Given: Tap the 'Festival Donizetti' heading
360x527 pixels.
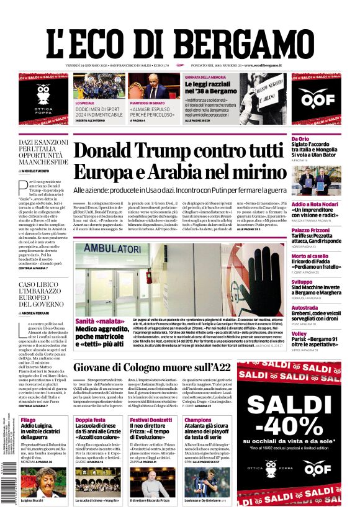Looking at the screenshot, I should click(x=151, y=420).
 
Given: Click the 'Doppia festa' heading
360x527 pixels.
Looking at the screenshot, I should click(x=91, y=420).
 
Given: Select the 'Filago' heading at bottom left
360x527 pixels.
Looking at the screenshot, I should click(x=28, y=420).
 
